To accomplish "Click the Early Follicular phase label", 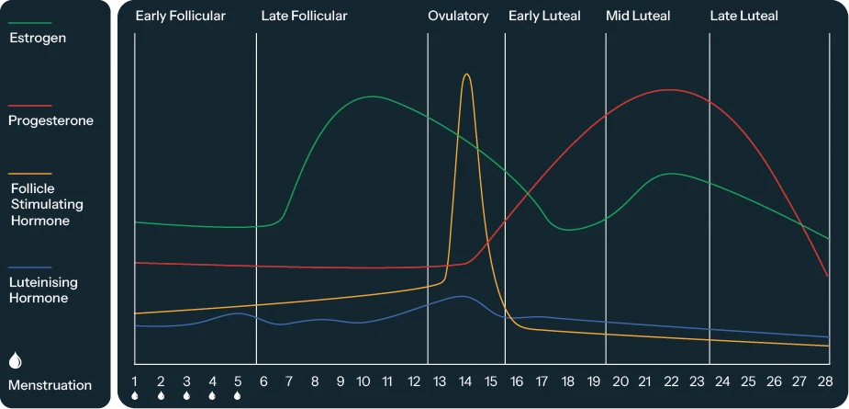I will [180, 16].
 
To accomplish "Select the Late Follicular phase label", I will [304, 16].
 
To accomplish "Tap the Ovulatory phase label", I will [458, 16].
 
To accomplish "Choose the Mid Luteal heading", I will [638, 16].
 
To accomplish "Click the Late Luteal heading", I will [743, 16].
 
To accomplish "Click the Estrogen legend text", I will [37, 39].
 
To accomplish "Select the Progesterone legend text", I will [50, 120].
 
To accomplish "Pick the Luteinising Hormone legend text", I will [43, 290].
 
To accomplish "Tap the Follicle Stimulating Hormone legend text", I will [46, 204].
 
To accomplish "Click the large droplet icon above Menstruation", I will [15, 360].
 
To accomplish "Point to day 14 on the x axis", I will [465, 381].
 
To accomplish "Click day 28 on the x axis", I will [825, 381].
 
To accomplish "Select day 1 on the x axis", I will [135, 381].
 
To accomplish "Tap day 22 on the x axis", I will [671, 381].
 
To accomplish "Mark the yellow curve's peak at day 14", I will [466, 74].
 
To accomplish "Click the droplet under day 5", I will [237, 396].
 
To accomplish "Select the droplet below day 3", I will [186, 396].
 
